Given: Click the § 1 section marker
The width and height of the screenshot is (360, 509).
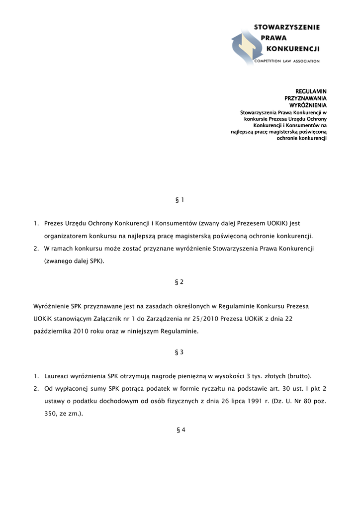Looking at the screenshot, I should coord(180,200).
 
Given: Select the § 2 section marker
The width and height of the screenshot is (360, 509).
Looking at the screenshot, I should coord(180,282).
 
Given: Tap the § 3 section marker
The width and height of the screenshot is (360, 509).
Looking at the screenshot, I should coord(180,352).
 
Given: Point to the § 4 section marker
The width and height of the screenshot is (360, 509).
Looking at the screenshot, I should coord(180,430).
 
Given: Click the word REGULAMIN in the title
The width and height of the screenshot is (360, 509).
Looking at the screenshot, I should coord(311,91).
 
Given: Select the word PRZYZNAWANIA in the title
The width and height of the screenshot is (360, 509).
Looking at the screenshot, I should coord(305,98).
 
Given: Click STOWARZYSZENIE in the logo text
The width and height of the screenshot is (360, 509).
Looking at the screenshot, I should coord(287,27).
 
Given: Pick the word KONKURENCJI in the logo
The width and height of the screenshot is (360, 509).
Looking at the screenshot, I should coord(293,49).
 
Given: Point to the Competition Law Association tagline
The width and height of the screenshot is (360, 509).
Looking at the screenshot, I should coord(287,61).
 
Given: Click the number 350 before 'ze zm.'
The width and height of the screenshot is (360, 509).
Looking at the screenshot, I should coord(50,413).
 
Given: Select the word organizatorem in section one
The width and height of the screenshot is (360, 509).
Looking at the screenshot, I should coord(66,235).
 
